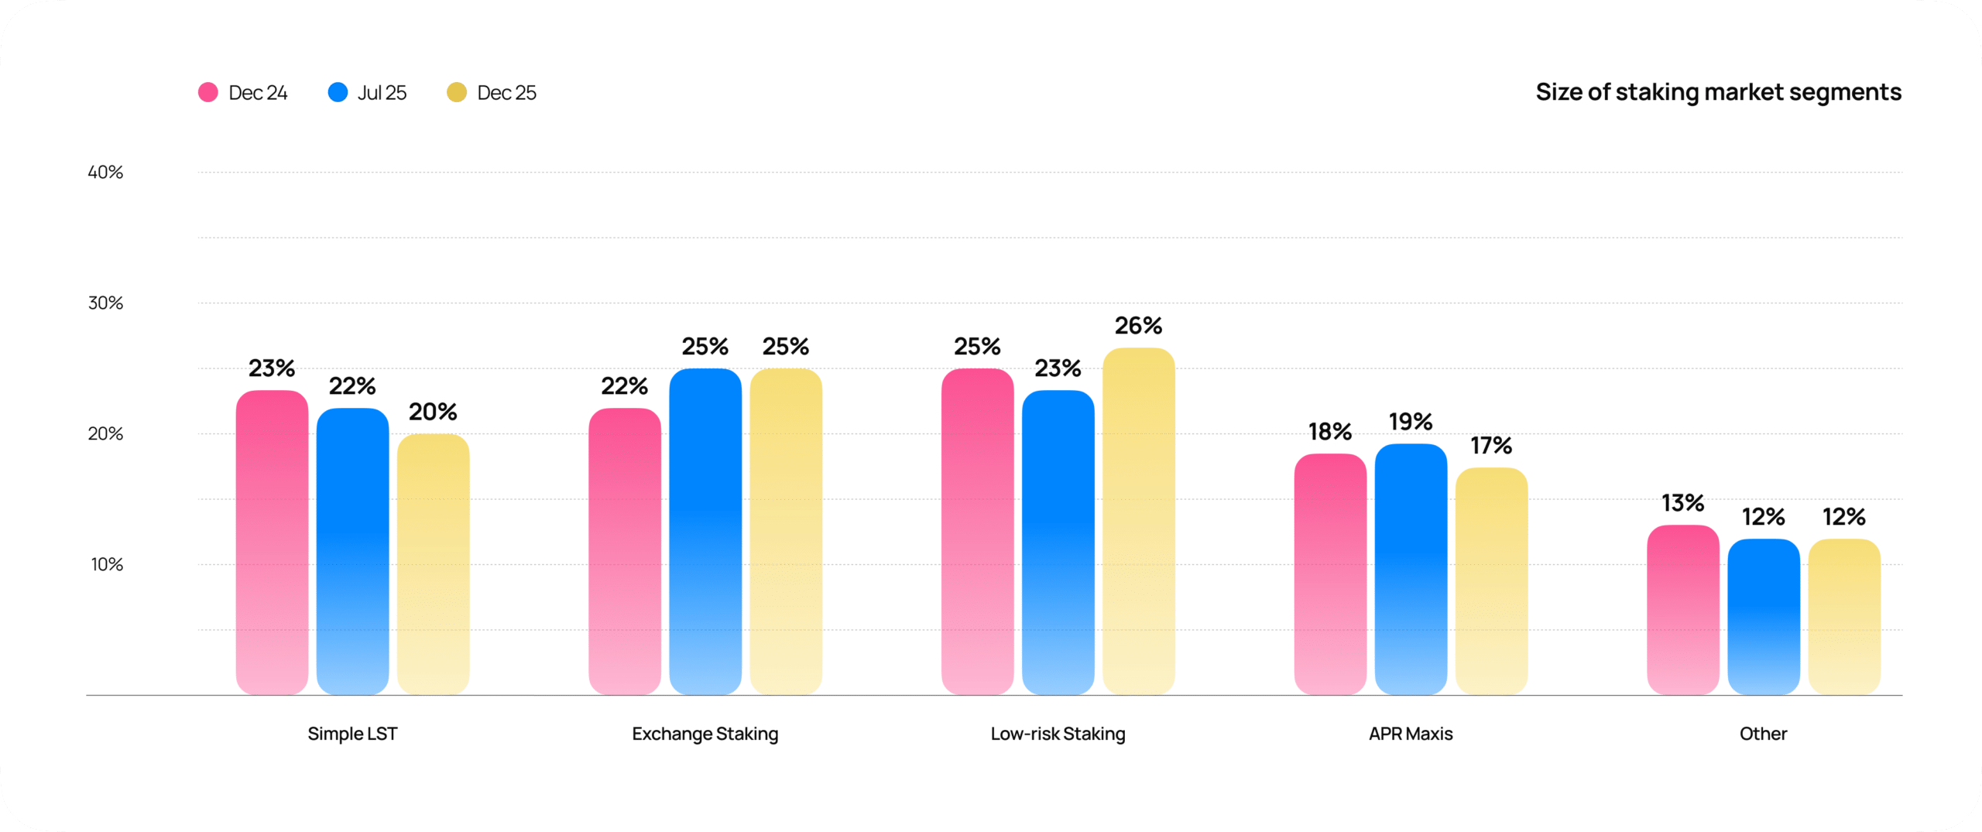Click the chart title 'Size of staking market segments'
[x=1718, y=92]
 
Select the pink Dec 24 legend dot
[x=208, y=93]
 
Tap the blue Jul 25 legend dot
[x=338, y=93]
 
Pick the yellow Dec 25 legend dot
[x=457, y=93]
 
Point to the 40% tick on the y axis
[x=105, y=173]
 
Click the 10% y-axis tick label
[x=107, y=565]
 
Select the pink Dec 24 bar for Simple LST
[x=272, y=542]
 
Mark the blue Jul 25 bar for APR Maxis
[x=1411, y=569]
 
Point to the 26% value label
[x=1138, y=326]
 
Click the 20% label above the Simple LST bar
[x=433, y=412]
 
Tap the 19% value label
[x=1411, y=422]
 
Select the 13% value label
[x=1682, y=503]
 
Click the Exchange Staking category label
[x=705, y=734]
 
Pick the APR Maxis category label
[x=1411, y=734]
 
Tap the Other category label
[x=1763, y=734]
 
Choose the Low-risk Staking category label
[x=1058, y=734]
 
